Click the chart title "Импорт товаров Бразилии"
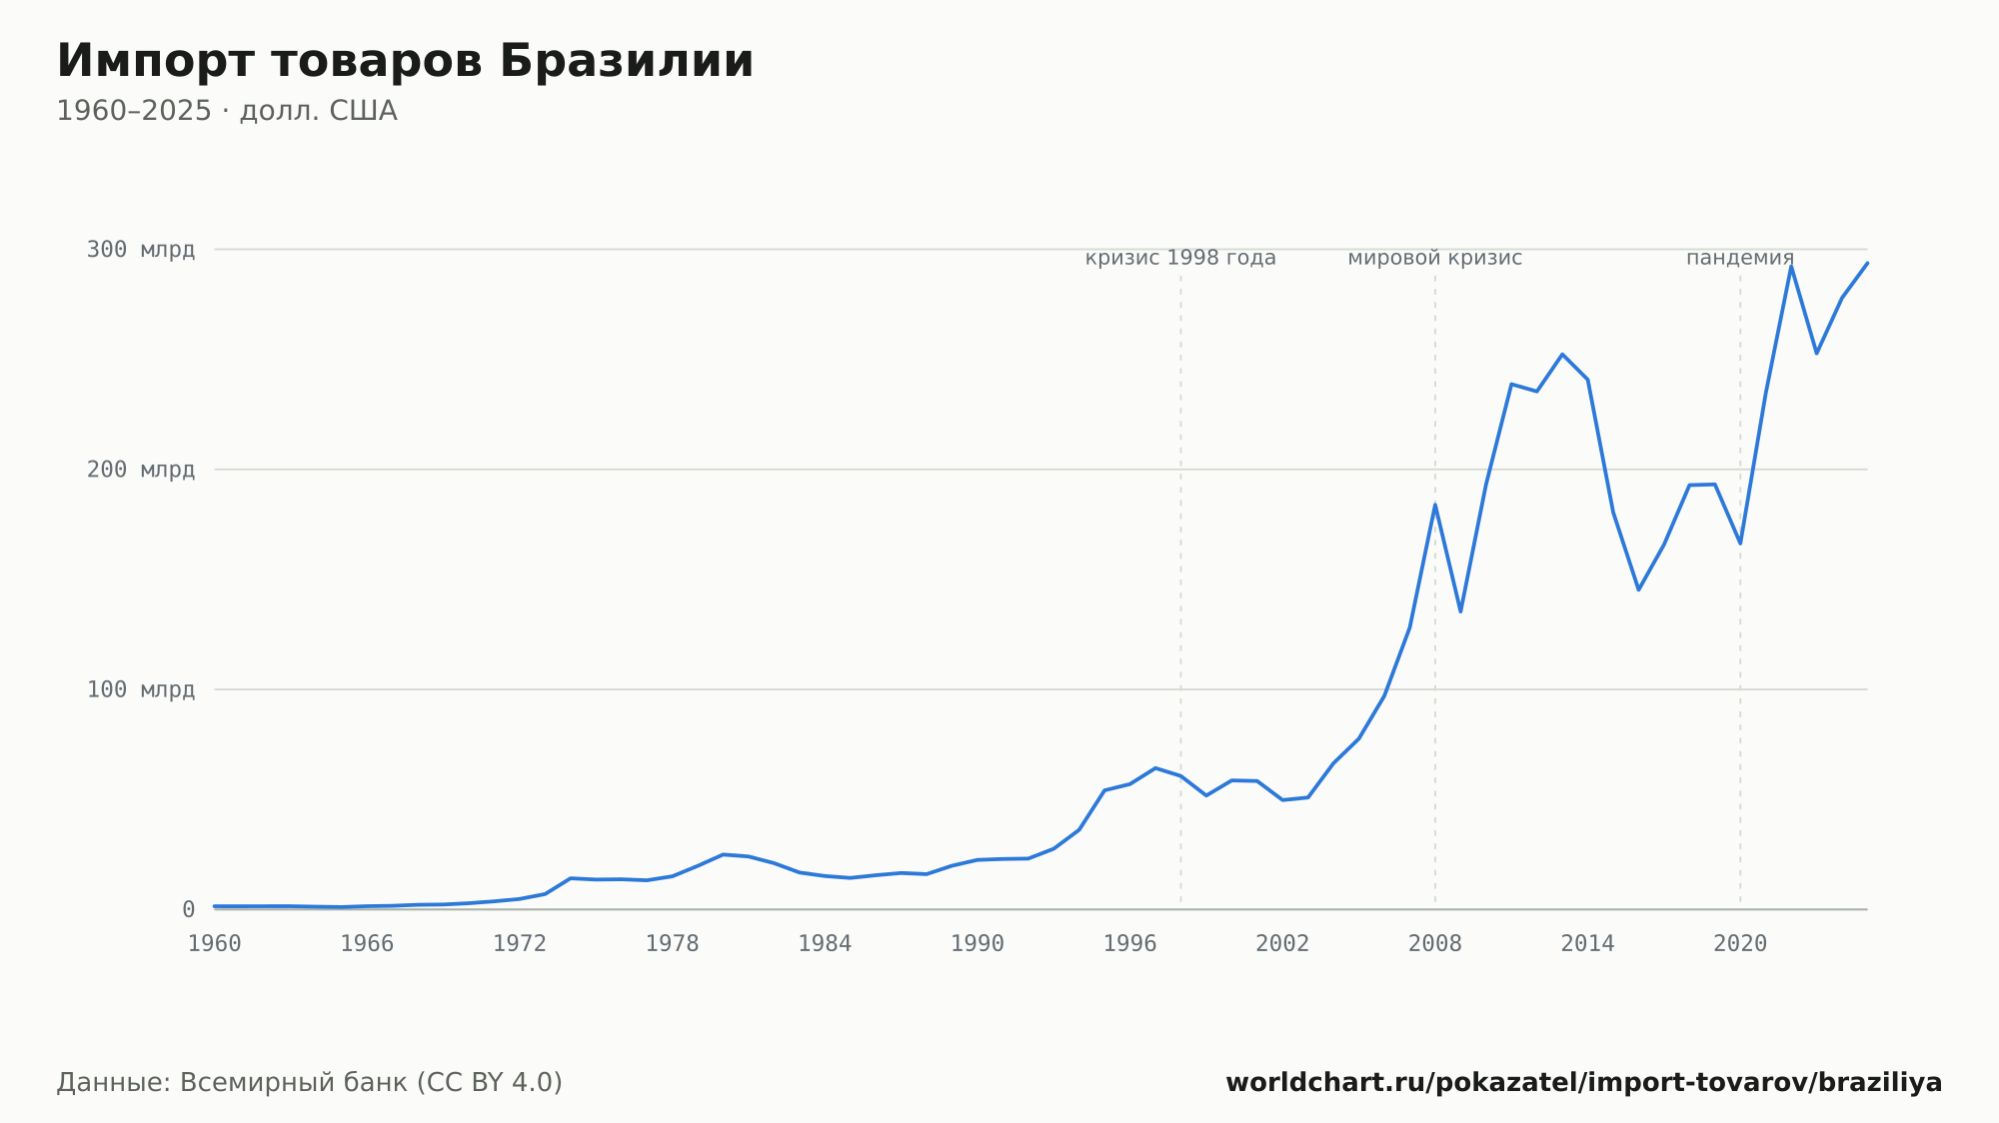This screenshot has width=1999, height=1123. [x=405, y=61]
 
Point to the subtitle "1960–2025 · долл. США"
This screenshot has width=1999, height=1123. [x=227, y=111]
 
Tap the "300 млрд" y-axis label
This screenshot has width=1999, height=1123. [x=141, y=250]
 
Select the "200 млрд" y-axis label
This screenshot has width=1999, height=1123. [x=141, y=470]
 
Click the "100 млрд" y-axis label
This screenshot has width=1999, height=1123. [x=141, y=689]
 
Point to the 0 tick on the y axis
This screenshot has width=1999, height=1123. [x=188, y=909]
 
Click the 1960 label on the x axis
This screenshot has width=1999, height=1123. [x=215, y=944]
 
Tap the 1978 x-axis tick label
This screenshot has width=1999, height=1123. [x=673, y=944]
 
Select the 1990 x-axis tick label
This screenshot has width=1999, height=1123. [x=978, y=944]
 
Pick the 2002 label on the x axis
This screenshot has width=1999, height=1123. [x=1282, y=944]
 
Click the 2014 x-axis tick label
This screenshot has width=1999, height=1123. [x=1588, y=944]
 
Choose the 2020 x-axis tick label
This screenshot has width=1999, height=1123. [x=1740, y=944]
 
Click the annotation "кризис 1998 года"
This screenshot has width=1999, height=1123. [x=1180, y=258]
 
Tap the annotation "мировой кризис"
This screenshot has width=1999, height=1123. [x=1435, y=258]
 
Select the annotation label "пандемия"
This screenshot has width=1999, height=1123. [x=1740, y=258]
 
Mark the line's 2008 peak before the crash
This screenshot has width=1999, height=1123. [x=1435, y=505]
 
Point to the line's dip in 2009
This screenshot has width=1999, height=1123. [x=1460, y=611]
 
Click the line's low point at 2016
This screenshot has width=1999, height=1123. [x=1638, y=589]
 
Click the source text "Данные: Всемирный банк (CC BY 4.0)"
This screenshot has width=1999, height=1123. [x=310, y=1083]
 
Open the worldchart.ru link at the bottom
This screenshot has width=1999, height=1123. [x=1584, y=1083]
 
